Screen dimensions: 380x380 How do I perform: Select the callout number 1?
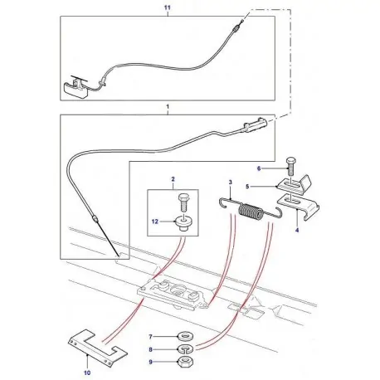[168, 108]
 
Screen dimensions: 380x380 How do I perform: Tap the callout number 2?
[173, 180]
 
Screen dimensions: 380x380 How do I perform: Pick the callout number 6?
[280, 168]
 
